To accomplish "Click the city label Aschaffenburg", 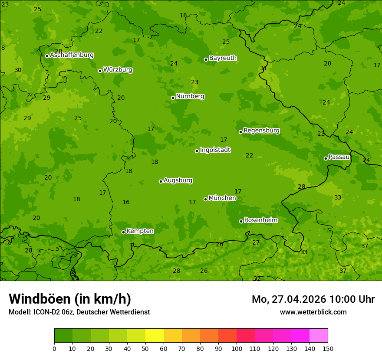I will [x=72, y=55].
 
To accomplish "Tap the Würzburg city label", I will [x=118, y=70].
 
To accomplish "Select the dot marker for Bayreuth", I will [x=206, y=59].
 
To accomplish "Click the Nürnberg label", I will [x=190, y=96].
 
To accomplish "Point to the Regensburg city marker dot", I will [x=240, y=132].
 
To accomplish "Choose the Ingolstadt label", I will [x=215, y=150].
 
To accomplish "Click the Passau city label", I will [x=339, y=157].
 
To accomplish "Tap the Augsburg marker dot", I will [x=161, y=181].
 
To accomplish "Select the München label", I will [x=222, y=198].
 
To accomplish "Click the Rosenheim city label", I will [x=260, y=220].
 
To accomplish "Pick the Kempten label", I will [x=140, y=231].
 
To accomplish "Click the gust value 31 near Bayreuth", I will [x=263, y=69].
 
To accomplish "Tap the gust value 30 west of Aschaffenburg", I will [x=18, y=70].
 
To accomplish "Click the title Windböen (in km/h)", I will [x=70, y=299].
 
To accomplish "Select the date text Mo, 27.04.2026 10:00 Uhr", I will [x=313, y=299].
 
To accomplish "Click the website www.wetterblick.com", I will [x=313, y=312].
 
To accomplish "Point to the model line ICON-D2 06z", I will [x=79, y=312].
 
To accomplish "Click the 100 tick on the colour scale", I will [x=237, y=348].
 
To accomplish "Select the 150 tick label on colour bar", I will [x=328, y=348].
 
